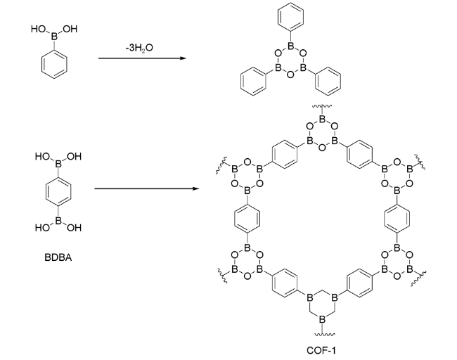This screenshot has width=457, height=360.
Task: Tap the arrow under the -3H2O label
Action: tap(143, 58)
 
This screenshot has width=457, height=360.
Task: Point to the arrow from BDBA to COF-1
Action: tap(144, 188)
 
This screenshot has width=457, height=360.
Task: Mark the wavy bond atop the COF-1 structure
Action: tap(321, 108)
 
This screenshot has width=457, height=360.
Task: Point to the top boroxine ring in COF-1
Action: tap(321, 134)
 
